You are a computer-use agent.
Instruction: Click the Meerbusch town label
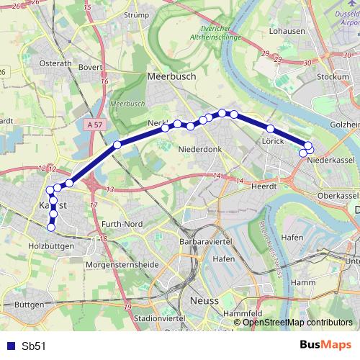coord(171,75)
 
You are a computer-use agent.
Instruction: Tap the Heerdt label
coord(264,185)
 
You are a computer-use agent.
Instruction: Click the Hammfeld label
coord(243,314)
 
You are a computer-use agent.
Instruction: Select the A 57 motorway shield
coord(92,125)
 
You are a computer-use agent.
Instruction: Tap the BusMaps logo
coord(325,345)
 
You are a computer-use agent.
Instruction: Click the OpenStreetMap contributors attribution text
coord(297,323)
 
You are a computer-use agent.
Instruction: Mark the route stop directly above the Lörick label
coord(271,128)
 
